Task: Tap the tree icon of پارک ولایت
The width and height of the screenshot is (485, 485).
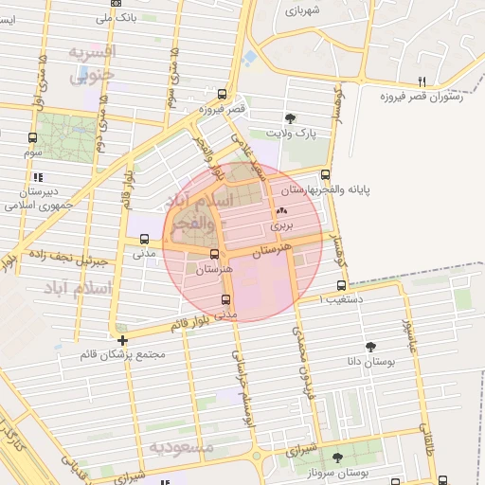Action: coord(290,118)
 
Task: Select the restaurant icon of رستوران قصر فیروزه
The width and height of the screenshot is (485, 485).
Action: coord(423,81)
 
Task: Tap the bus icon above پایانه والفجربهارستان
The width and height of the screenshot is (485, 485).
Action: coord(326,174)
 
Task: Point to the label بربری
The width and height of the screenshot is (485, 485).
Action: coord(282,227)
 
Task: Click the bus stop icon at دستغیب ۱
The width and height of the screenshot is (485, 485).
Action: coord(341,285)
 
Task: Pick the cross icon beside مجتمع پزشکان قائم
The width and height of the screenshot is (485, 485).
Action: coord(122,339)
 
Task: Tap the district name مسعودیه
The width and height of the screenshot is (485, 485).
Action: coord(180,445)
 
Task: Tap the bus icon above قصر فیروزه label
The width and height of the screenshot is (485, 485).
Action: coord(222,94)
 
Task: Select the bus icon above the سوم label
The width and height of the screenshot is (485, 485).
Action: coord(32,137)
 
